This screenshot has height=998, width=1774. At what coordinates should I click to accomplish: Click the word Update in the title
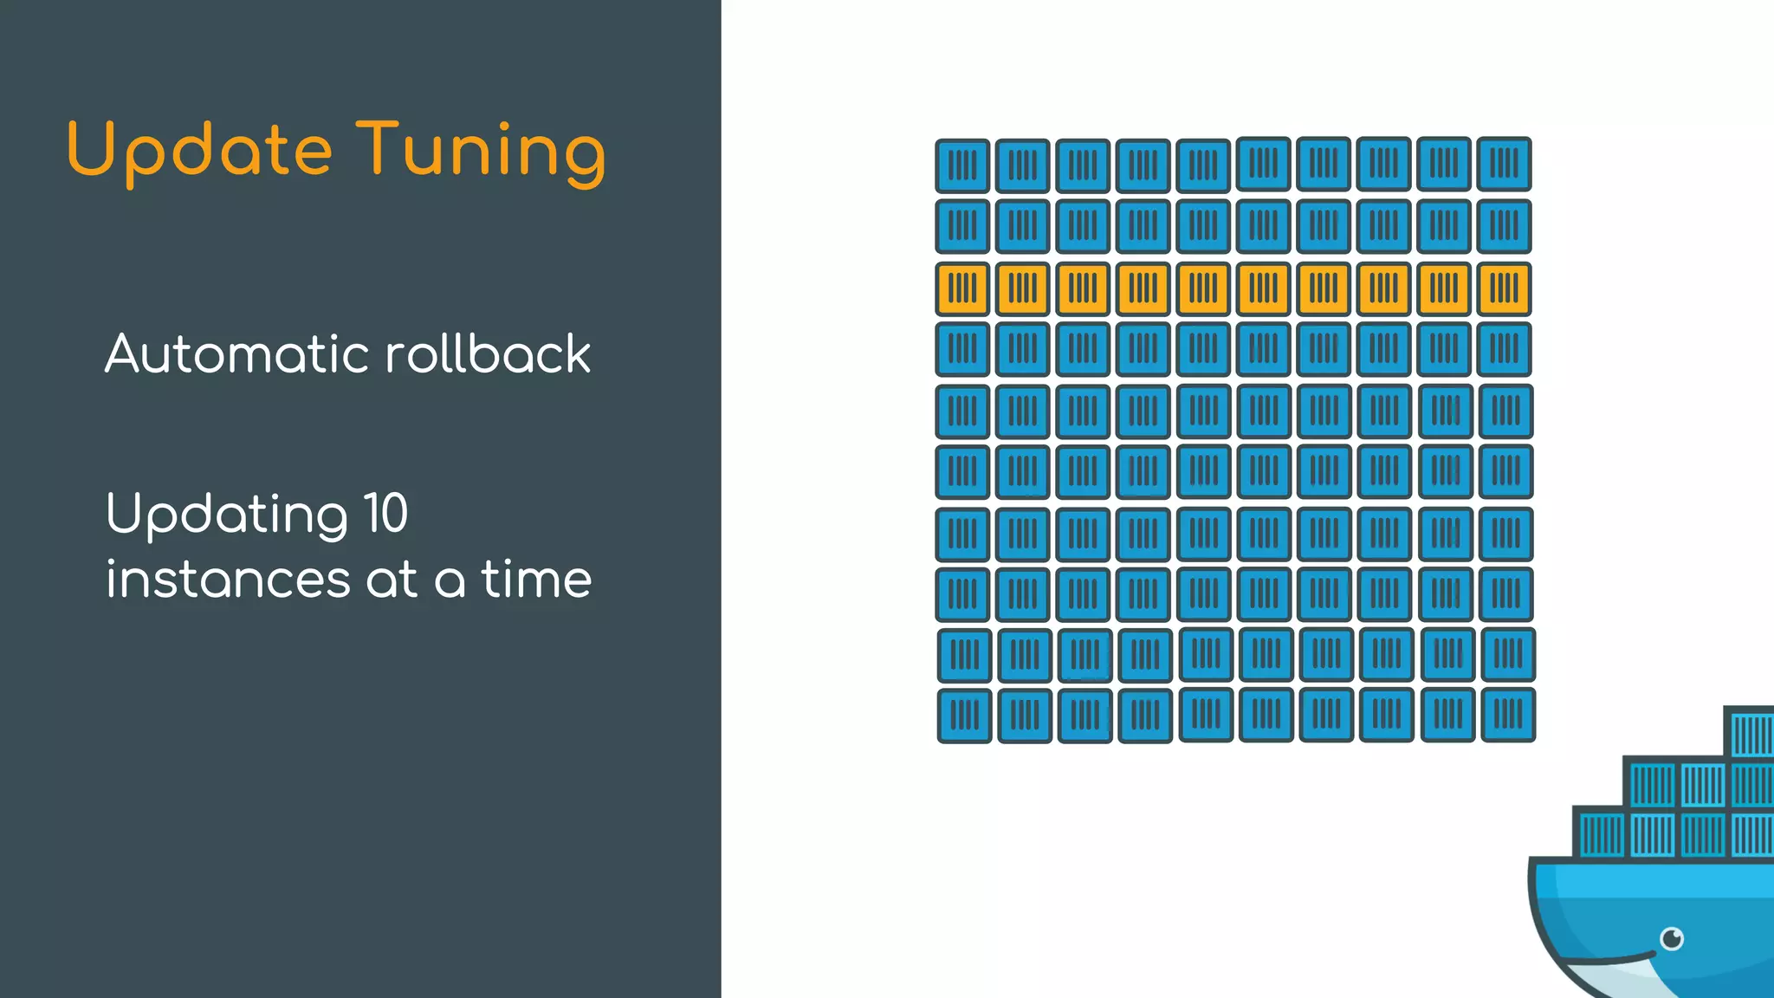[199, 151]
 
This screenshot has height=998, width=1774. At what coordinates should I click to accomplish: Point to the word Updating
[227, 515]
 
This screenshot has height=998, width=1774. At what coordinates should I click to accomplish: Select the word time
[536, 579]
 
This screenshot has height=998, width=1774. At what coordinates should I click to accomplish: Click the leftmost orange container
[962, 288]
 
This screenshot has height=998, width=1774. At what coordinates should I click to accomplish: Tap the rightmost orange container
[1504, 288]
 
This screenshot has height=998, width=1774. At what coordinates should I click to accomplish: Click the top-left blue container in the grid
[962, 165]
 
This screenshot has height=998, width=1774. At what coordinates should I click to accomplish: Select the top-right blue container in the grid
[1504, 164]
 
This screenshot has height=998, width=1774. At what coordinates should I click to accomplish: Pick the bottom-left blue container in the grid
[964, 716]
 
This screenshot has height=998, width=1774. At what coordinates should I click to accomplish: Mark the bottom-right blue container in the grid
[1508, 715]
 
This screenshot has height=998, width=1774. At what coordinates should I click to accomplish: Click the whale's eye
[1672, 938]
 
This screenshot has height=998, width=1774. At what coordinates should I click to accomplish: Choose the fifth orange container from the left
[1203, 288]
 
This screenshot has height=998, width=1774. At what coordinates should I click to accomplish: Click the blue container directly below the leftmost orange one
[962, 349]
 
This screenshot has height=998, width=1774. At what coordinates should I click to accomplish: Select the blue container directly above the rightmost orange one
[1504, 226]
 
